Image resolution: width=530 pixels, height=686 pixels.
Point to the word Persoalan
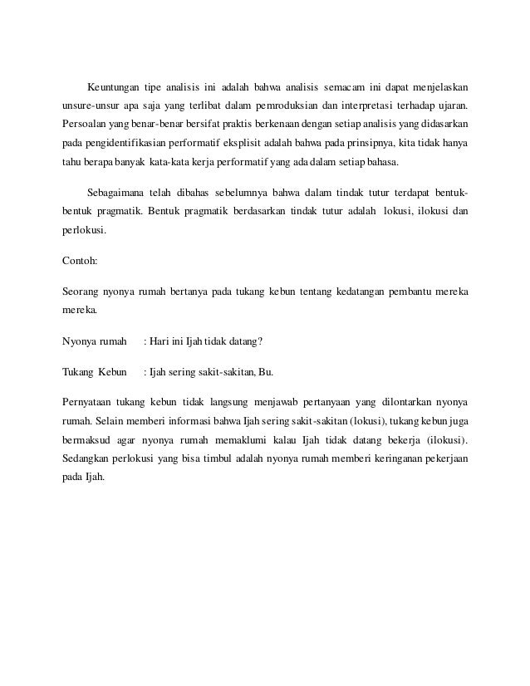[86, 125]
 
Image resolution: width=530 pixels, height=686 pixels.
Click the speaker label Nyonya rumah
[94, 341]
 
